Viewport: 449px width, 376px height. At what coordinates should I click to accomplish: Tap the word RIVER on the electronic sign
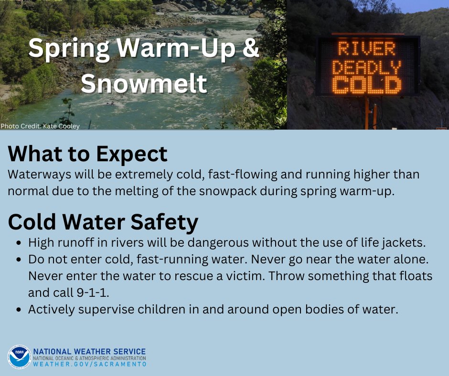point(367,49)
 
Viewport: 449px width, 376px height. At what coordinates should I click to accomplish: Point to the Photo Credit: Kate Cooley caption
point(40,126)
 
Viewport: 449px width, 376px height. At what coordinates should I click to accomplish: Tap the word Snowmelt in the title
point(144,83)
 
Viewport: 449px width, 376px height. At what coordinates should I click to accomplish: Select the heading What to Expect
point(88,154)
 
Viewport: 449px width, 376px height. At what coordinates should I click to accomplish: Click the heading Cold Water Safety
point(103,222)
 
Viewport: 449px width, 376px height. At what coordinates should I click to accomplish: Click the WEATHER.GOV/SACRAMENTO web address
point(89,364)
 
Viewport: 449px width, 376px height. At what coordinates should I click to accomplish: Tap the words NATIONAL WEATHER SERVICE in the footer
point(89,352)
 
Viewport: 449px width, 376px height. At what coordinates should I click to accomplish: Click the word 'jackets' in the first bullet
point(406,242)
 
